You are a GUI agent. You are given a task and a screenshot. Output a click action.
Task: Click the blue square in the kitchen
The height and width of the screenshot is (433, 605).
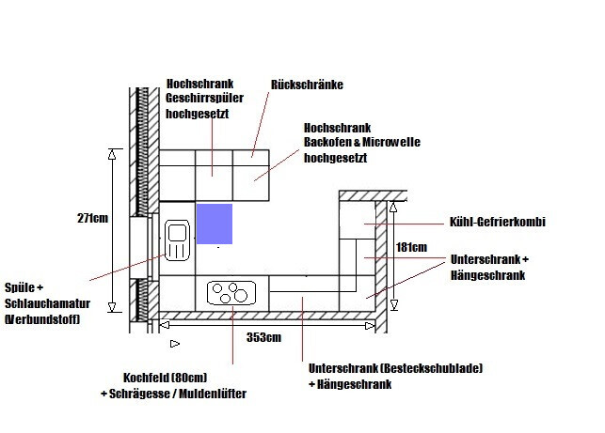tap(214, 224)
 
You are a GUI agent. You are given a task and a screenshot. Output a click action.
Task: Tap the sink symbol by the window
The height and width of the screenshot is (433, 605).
tap(177, 240)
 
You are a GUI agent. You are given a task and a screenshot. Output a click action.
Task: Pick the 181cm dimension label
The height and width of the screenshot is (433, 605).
tap(411, 248)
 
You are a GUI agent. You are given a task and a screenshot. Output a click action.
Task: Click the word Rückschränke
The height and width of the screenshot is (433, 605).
tap(307, 85)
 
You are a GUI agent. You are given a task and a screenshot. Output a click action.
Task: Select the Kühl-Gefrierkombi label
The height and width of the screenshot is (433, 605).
tap(499, 223)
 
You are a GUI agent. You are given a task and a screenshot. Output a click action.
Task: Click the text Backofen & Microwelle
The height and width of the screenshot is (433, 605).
tap(361, 142)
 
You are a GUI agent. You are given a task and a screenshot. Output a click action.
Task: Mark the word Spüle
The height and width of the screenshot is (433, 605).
tap(24, 287)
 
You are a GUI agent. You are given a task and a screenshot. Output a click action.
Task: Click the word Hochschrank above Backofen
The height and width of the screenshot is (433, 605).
tap(337, 127)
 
